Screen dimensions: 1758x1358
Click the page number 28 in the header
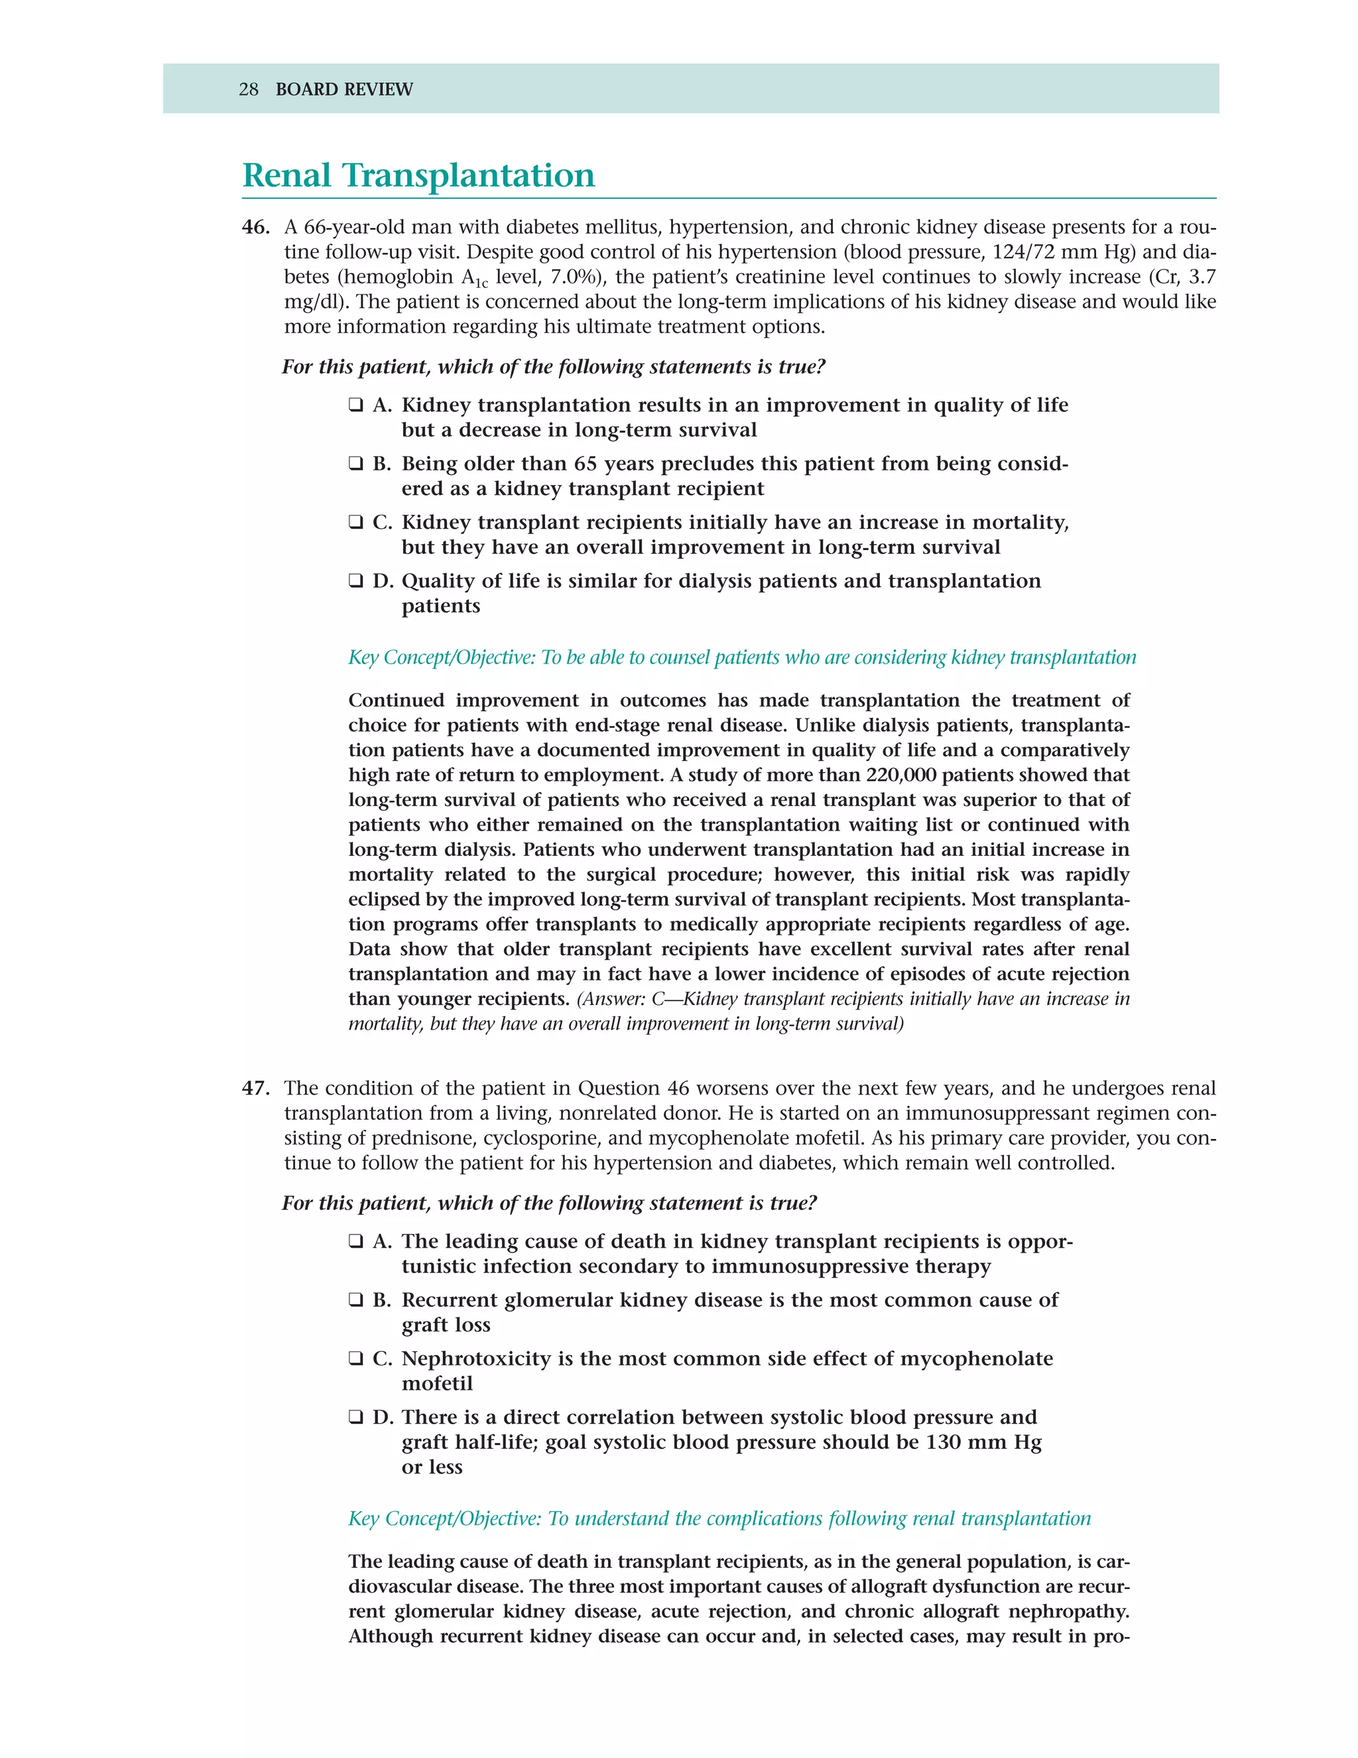point(249,90)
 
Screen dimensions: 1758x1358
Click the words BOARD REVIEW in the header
point(343,90)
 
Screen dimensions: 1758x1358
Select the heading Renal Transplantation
point(418,176)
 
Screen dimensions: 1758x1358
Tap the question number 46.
point(255,228)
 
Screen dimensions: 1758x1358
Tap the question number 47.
point(255,1088)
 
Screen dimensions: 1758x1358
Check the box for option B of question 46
point(355,464)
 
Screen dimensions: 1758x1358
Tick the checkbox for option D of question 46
point(355,581)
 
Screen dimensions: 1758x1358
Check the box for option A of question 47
point(355,1241)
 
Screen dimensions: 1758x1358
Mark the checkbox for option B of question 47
point(355,1300)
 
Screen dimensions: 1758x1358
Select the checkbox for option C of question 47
point(355,1359)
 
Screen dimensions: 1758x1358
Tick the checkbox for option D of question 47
point(355,1418)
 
